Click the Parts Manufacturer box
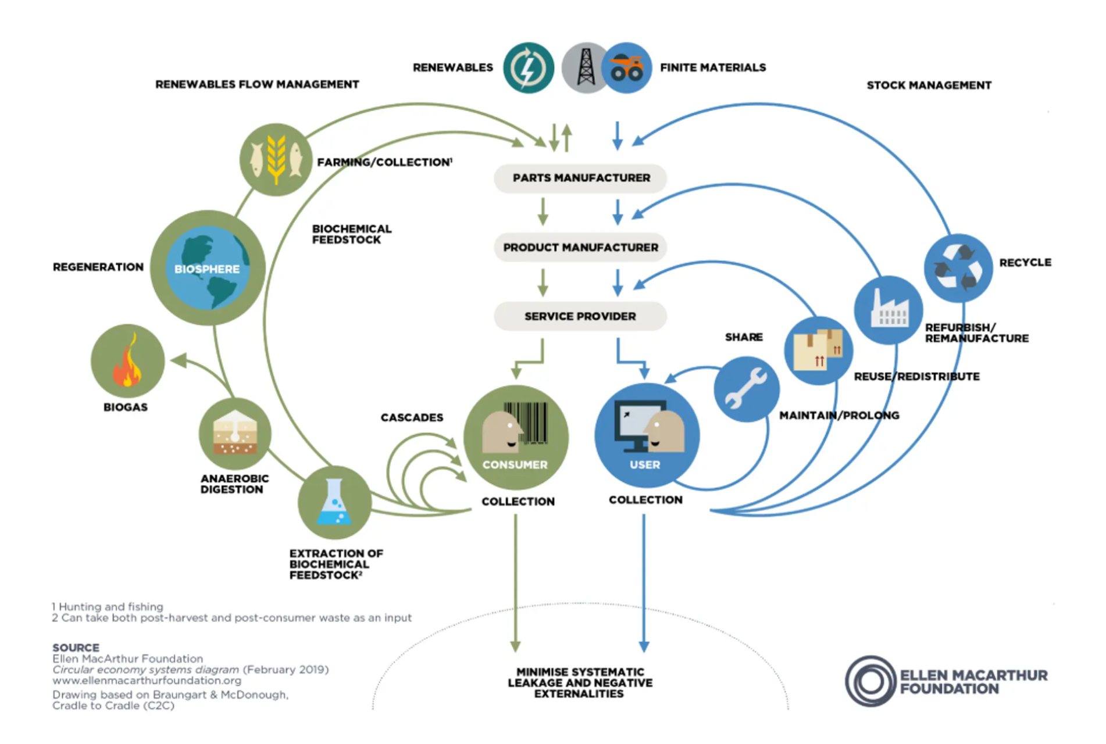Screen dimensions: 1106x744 580,178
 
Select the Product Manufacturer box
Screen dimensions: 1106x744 580,248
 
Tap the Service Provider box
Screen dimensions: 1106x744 580,316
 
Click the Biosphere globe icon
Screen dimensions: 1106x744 208,268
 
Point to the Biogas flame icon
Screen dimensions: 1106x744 128,361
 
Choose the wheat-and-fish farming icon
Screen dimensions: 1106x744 276,159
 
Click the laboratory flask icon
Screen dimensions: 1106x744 334,502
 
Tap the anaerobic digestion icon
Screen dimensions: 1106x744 235,434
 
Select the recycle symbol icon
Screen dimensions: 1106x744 958,268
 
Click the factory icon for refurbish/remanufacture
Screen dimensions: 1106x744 889,310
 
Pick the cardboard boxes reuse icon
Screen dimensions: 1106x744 819,350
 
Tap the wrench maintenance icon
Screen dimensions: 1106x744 747,389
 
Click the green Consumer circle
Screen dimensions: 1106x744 516,437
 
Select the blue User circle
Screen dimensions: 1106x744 647,435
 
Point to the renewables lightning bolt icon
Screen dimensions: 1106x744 529,67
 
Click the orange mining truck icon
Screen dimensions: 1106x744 626,67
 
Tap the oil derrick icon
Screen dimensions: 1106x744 585,67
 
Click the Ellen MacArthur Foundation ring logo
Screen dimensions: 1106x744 870,681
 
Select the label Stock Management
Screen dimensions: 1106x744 929,85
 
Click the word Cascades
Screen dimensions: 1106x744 412,417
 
